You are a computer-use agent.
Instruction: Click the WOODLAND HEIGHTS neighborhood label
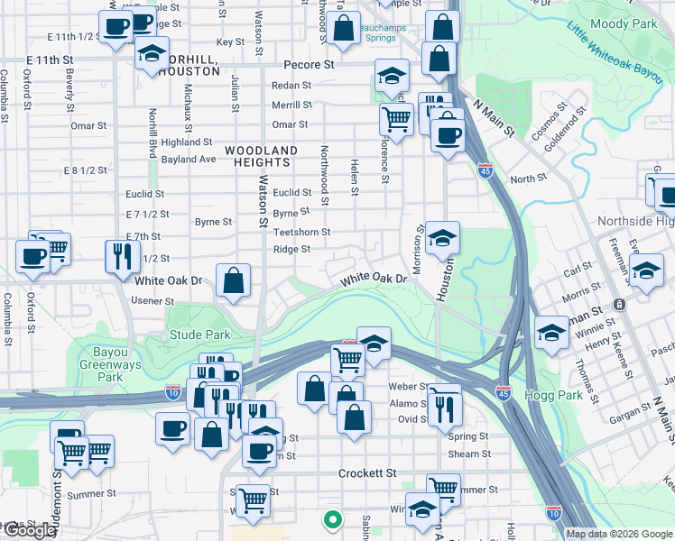point(261,156)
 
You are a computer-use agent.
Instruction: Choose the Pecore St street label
point(309,66)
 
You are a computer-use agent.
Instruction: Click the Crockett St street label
point(367,473)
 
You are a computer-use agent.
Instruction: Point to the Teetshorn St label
point(301,232)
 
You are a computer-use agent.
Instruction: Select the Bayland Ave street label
point(189,159)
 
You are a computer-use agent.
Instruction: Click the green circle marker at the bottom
point(332,519)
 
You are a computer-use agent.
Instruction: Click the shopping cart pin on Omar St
point(396,118)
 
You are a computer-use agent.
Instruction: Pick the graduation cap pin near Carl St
point(646,270)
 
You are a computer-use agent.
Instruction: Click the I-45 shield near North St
point(485,170)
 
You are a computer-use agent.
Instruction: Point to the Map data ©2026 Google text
point(618,534)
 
